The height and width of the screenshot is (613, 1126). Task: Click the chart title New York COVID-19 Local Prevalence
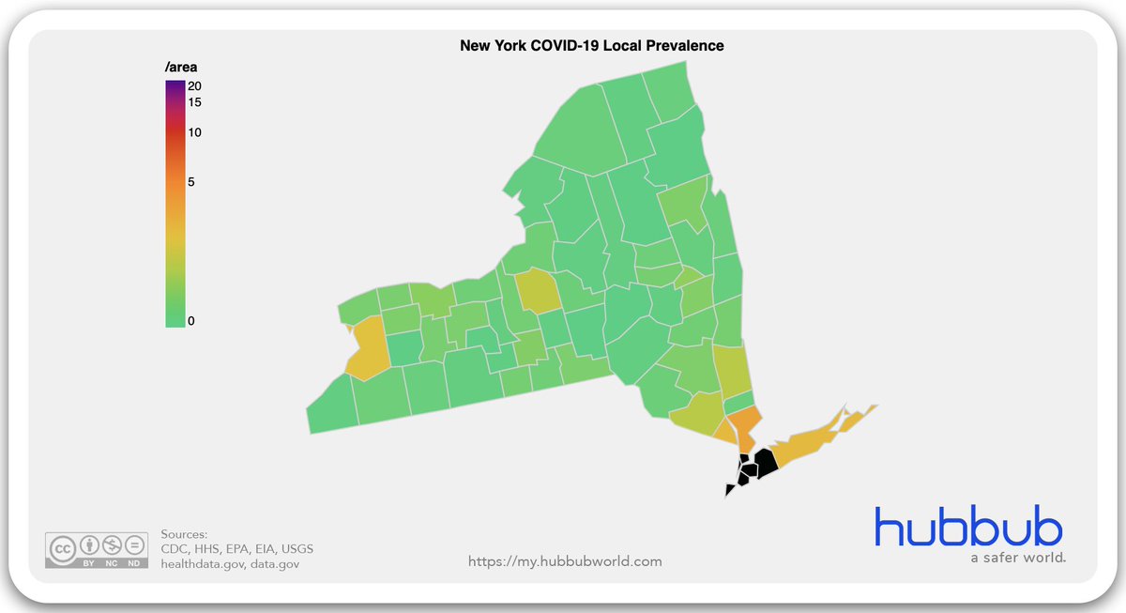[591, 45]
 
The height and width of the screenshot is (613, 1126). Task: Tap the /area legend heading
[181, 67]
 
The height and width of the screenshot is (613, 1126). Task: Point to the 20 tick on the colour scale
[194, 85]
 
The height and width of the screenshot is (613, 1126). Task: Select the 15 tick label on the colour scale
[194, 101]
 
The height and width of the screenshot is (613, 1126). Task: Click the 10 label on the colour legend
[194, 132]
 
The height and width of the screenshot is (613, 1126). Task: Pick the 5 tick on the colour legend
[191, 181]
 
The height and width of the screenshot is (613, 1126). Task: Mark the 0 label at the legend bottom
[191, 321]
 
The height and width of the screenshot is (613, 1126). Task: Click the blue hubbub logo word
[968, 527]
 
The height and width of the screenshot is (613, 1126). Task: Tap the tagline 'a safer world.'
[1017, 558]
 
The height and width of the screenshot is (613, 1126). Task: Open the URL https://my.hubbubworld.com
[565, 561]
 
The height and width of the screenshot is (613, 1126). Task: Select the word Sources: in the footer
[184, 533]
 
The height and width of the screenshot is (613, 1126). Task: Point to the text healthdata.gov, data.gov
[230, 563]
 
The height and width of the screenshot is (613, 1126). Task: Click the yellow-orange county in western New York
[368, 347]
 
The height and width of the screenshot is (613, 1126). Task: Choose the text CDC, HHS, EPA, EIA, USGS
[236, 548]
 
